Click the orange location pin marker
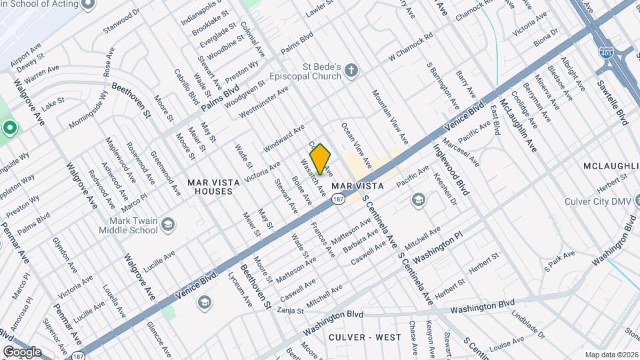(x=320, y=159)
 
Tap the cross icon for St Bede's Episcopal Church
(x=351, y=71)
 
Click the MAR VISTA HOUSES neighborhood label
(x=210, y=186)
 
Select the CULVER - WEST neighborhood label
(x=365, y=337)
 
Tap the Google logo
(x=22, y=351)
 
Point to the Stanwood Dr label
(x=122, y=21)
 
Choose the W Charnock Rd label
(x=411, y=49)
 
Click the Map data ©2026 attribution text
(x=611, y=355)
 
